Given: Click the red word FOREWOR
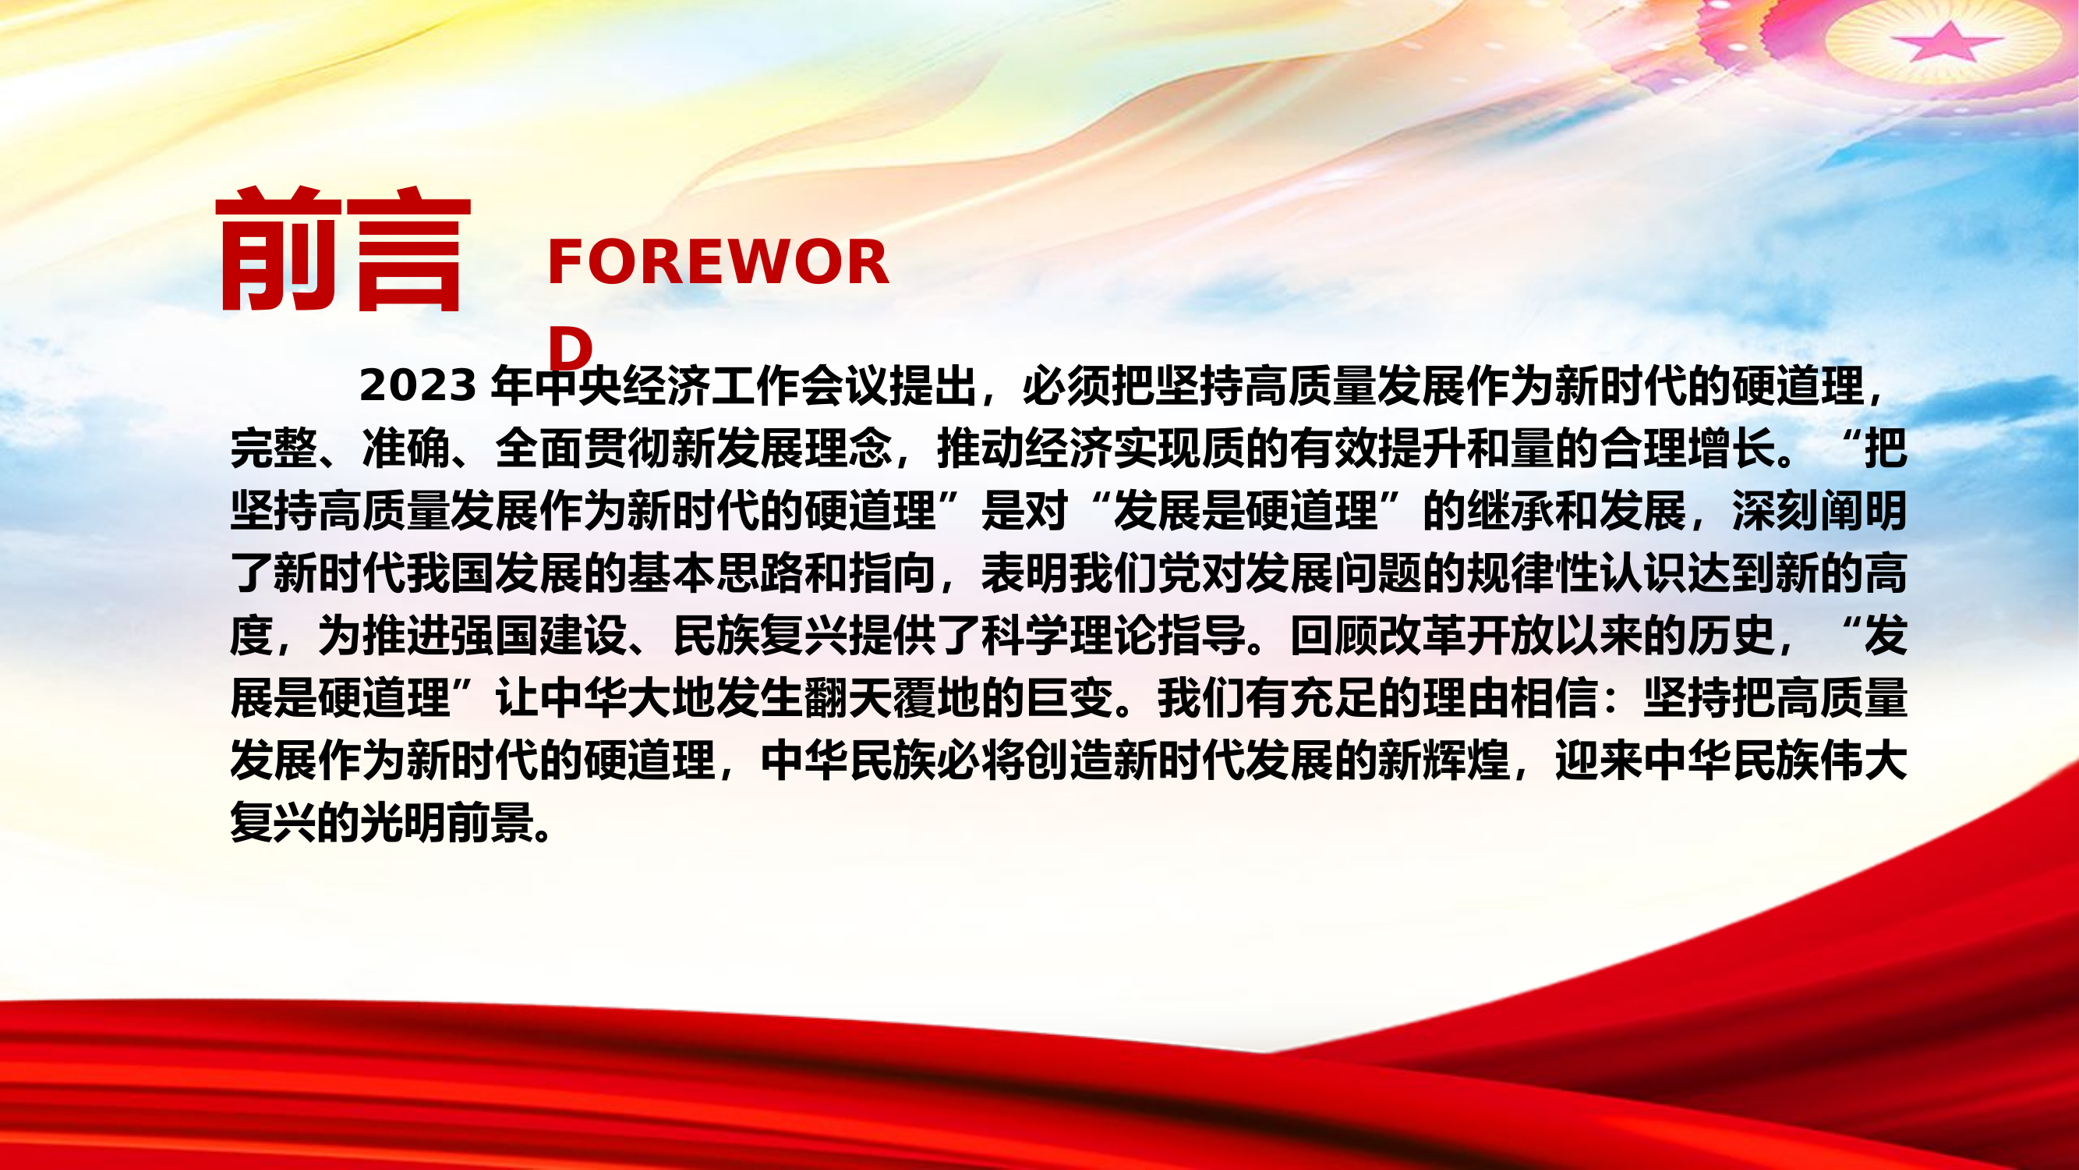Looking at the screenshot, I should (x=717, y=262).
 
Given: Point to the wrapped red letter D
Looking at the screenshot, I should (x=570, y=349).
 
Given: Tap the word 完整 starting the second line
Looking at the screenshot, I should (x=274, y=448).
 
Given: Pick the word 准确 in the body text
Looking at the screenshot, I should (x=406, y=448).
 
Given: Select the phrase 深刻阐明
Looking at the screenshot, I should (x=1819, y=510).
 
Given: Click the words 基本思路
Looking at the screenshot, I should (x=715, y=573).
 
